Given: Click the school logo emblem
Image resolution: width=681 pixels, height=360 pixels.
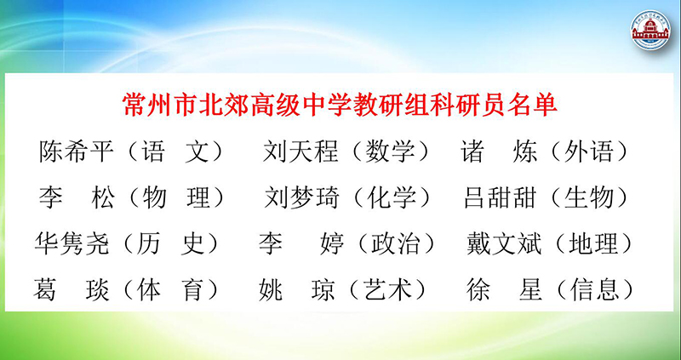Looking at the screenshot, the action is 650,30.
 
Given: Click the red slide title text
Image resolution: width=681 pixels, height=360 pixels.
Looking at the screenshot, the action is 340,105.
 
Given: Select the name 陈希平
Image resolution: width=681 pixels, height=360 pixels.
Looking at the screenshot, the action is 77,151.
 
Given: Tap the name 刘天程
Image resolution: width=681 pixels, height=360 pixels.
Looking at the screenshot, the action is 300,151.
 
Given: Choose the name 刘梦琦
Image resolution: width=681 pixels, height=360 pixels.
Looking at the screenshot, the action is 302,197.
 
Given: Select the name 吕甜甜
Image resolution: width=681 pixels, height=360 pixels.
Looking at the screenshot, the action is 501,197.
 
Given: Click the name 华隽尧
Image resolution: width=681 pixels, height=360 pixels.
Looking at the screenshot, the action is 72,243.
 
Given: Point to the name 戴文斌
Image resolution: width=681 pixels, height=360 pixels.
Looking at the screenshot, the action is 504,243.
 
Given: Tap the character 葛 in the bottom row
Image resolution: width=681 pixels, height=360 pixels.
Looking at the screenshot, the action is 45,289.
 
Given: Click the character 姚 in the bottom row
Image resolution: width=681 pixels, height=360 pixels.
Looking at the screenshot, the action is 271,289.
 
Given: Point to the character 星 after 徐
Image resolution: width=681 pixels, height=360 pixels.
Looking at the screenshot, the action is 530,289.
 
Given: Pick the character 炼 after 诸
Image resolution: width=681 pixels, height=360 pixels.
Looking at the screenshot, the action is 525,151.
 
